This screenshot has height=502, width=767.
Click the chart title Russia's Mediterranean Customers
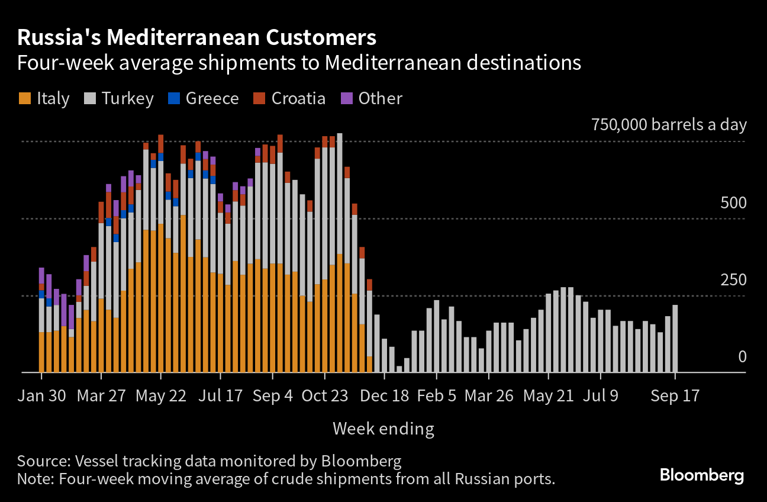click(x=196, y=38)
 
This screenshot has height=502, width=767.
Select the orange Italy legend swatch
click(x=24, y=98)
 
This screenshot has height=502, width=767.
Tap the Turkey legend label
click(x=127, y=98)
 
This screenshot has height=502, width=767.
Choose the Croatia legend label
click(x=298, y=98)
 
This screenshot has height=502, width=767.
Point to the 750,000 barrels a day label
click(x=669, y=125)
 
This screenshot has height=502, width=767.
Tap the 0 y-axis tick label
click(x=742, y=357)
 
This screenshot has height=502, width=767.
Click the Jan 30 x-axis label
click(x=41, y=395)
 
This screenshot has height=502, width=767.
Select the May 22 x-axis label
click(x=161, y=395)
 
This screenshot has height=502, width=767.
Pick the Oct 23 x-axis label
click(x=325, y=395)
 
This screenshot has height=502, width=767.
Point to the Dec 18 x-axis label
click(x=385, y=395)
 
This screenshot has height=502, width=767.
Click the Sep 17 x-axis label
click(x=675, y=395)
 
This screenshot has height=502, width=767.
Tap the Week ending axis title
click(x=383, y=429)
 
